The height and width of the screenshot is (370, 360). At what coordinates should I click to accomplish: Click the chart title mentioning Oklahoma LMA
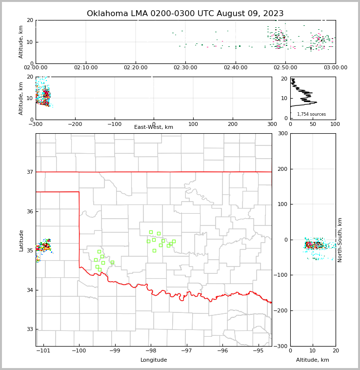point(185,14)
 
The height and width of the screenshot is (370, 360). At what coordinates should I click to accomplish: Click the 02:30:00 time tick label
point(185,68)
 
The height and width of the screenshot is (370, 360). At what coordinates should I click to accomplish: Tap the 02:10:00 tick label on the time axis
point(86,68)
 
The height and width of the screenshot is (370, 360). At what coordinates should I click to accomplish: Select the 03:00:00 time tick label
point(335,68)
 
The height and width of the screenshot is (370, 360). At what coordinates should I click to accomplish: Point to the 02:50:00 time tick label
point(285,68)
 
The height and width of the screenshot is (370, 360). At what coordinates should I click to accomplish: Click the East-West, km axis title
point(153,127)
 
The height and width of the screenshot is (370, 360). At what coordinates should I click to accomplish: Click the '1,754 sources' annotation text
point(311,114)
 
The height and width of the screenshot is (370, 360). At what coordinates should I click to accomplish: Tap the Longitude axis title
point(154,360)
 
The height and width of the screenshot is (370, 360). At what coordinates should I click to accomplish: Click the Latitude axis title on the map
point(21,240)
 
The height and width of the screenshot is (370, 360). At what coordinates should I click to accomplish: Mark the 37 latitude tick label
point(29,172)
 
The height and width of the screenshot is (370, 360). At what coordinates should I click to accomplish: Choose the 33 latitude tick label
point(29,329)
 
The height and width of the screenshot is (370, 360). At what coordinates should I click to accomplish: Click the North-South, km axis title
point(340,240)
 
